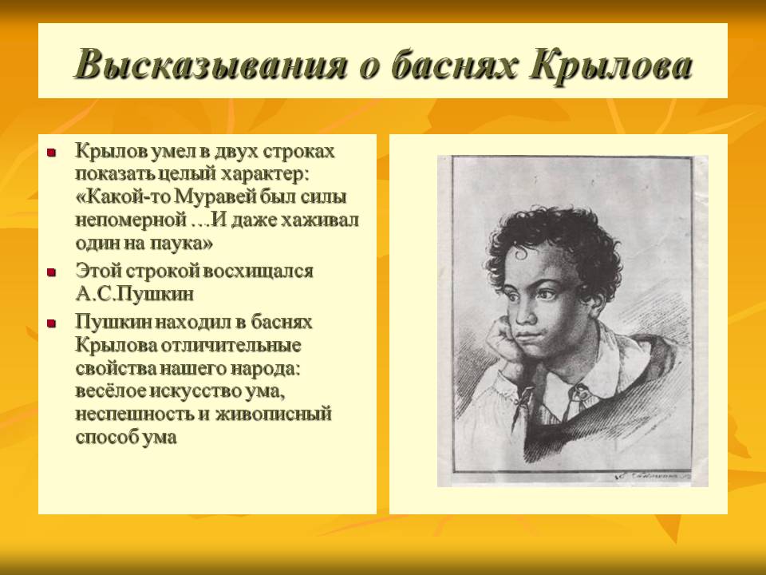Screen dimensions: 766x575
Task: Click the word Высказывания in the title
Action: point(211,65)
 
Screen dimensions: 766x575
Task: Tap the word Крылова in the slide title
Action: point(611,65)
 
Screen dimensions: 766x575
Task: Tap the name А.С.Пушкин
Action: point(134,294)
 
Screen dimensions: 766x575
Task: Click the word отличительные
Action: point(231,345)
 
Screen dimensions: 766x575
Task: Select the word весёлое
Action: point(111,391)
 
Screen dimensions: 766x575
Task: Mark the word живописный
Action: point(274,414)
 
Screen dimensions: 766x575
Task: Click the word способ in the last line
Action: point(107,437)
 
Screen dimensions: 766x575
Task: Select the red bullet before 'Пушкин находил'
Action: point(51,323)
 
